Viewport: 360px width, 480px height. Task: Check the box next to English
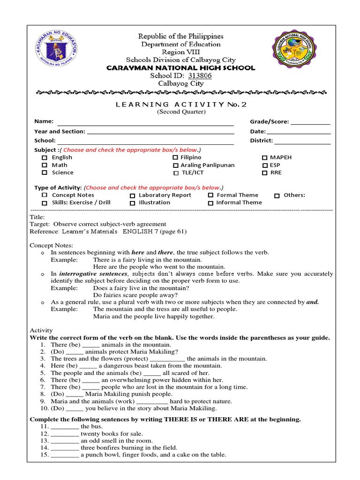(x=45, y=158)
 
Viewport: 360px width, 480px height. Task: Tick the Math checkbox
(x=45, y=165)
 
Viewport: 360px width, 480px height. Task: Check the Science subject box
(x=45, y=173)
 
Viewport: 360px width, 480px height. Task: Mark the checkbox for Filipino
(x=175, y=158)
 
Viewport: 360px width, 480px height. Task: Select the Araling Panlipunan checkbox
(x=175, y=165)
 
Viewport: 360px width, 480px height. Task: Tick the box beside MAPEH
(x=265, y=158)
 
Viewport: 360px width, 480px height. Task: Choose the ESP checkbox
(x=265, y=165)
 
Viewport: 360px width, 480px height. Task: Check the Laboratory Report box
(x=133, y=195)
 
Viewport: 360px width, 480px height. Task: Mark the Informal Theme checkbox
(x=210, y=203)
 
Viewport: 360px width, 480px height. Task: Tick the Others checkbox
(x=277, y=195)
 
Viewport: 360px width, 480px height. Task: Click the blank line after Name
(x=145, y=124)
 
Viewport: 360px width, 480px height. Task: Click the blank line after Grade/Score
(x=310, y=124)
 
